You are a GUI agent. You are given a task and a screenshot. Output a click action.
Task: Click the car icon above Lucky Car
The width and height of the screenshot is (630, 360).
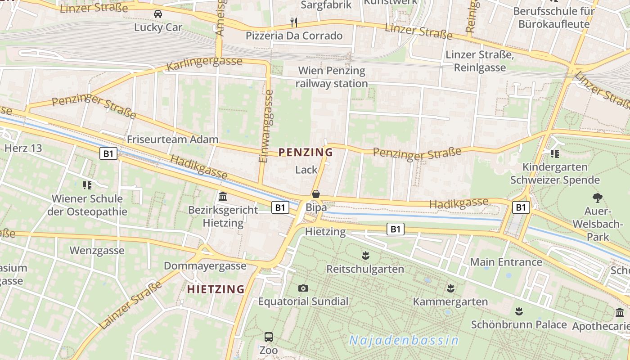[158, 14]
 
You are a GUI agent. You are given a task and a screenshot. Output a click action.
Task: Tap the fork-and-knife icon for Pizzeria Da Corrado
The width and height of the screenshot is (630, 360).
[294, 22]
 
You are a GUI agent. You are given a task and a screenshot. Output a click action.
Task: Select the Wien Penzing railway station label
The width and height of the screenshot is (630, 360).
[332, 77]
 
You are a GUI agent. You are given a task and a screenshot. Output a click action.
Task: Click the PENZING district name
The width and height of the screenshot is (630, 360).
[306, 152]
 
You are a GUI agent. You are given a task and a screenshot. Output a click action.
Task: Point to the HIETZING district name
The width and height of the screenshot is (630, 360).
[216, 289]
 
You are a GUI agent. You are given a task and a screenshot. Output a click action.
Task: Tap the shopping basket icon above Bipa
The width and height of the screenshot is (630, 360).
[316, 194]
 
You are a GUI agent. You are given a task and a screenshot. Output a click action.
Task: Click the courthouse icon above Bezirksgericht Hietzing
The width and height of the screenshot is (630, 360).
[223, 197]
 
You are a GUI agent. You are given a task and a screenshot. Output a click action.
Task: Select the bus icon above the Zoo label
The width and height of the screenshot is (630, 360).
[268, 337]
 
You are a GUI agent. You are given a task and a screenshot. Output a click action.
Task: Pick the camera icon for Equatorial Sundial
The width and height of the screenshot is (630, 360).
[303, 288]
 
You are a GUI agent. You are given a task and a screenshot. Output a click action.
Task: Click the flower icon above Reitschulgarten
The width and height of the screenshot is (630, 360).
[365, 256]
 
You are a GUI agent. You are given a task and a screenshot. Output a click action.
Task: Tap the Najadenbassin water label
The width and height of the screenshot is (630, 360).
[404, 340]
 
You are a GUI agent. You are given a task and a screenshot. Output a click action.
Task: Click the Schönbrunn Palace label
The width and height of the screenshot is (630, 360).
[519, 324]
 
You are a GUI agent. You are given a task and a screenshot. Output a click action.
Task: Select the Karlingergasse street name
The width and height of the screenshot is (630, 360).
[204, 64]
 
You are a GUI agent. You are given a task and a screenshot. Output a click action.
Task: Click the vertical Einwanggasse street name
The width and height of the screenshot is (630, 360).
[266, 126]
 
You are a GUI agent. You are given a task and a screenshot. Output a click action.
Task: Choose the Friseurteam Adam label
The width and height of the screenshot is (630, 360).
[172, 139]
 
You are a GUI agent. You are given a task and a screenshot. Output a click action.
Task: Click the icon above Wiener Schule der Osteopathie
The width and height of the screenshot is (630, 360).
[87, 185]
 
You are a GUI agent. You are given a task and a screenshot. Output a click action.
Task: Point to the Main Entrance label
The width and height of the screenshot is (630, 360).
[506, 261]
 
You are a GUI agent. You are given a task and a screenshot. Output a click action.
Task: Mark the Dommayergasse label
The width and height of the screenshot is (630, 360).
[205, 265]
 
